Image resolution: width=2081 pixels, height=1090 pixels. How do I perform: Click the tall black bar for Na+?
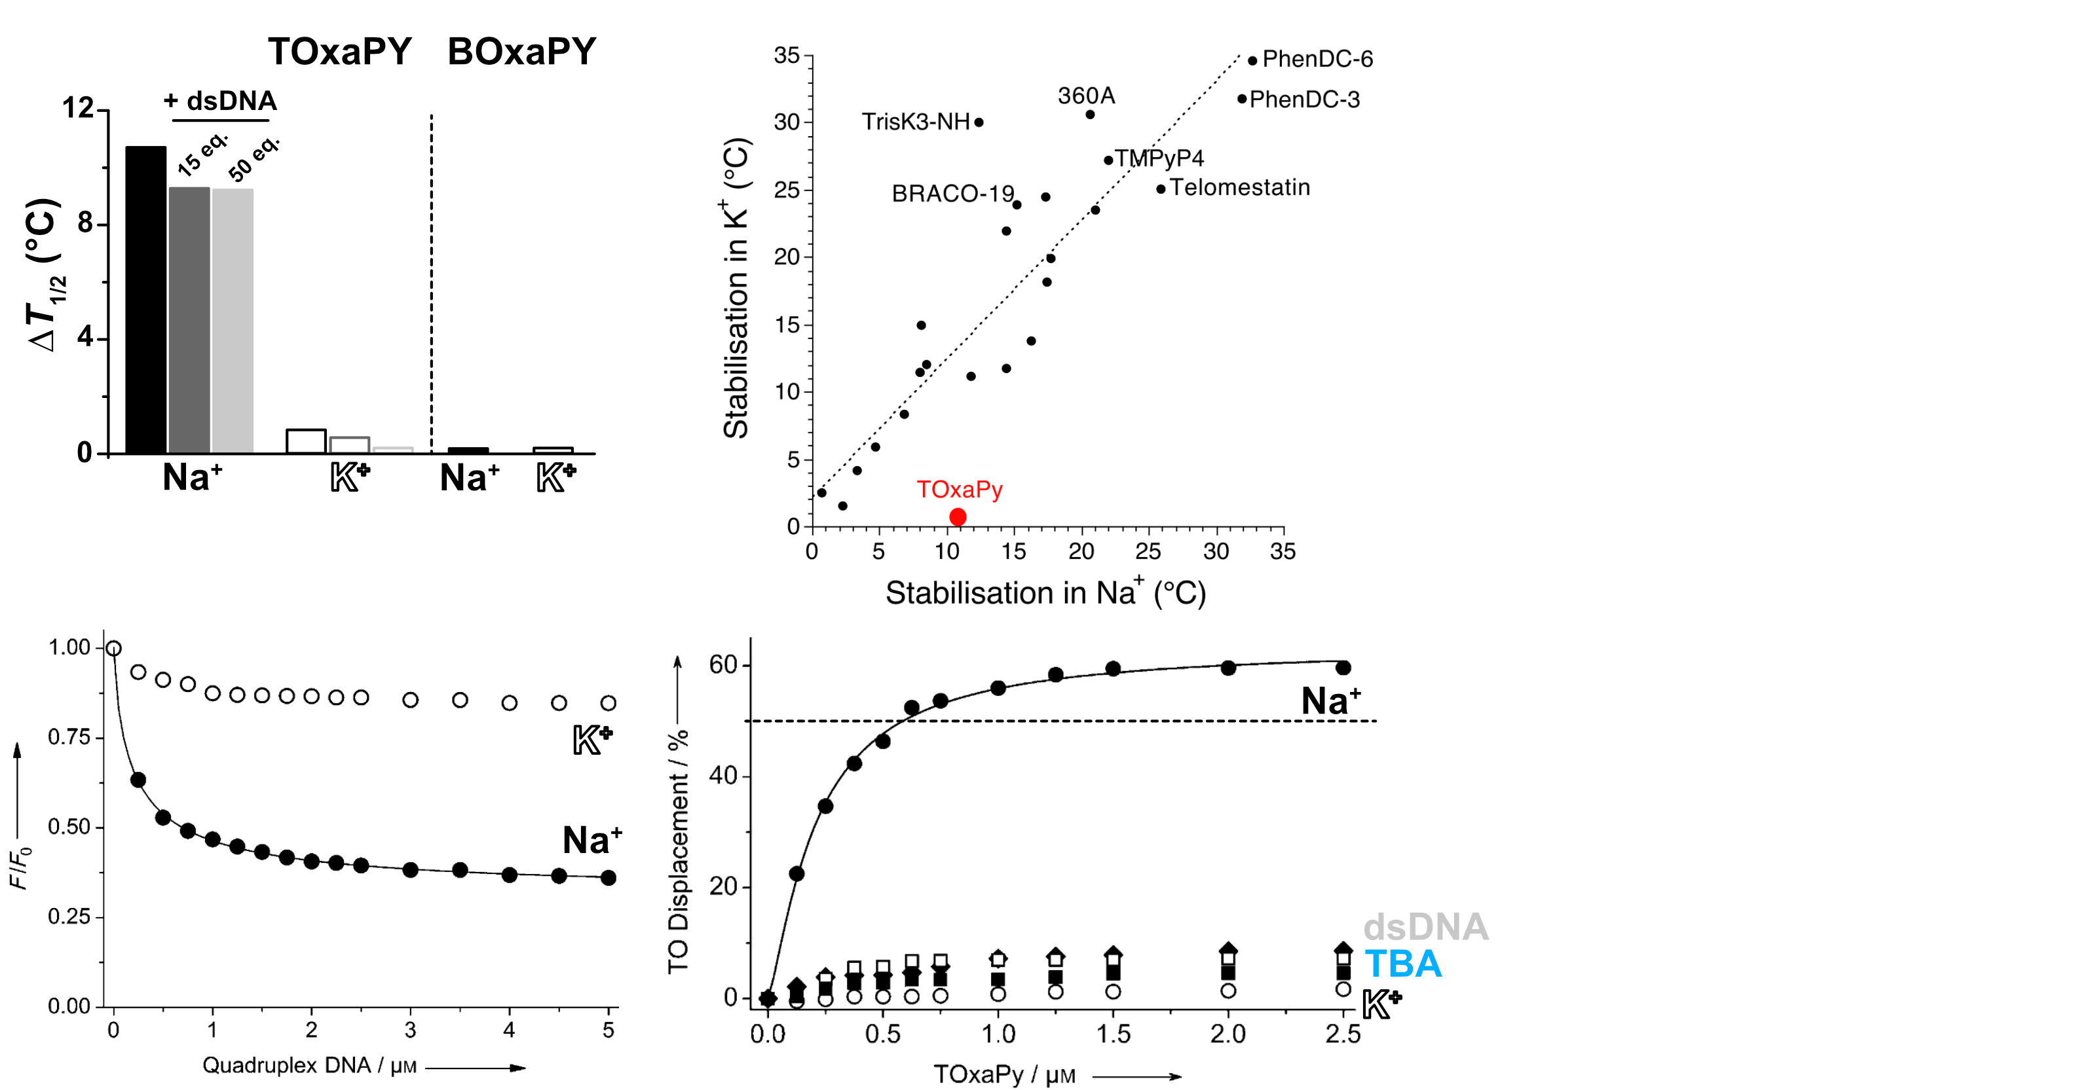145,299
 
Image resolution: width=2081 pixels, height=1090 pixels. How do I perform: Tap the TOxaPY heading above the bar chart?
340,52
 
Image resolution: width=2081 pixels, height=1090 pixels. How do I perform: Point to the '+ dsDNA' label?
219,101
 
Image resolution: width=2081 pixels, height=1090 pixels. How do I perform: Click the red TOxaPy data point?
957,517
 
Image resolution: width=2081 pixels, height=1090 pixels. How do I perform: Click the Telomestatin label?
1239,187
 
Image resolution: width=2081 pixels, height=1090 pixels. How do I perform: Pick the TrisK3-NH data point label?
915,122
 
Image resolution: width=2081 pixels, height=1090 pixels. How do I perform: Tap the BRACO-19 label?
952,194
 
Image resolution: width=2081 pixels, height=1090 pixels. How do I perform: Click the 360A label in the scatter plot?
1086,96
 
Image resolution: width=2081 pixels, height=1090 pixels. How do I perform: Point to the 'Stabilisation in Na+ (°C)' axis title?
1045,592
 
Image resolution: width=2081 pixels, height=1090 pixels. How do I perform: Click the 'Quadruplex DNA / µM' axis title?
309,1065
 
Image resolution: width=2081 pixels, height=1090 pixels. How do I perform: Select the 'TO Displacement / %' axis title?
679,852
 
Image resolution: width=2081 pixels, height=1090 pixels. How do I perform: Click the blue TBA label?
1402,964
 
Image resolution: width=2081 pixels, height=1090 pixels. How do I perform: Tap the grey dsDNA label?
1426,927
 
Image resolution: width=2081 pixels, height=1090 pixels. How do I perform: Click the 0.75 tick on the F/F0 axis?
69,737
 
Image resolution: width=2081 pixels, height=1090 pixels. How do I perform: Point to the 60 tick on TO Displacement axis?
723,665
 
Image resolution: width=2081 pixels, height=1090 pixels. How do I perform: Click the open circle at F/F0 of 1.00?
114,648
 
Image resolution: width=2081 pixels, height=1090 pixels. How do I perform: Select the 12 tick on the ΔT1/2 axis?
79,107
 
